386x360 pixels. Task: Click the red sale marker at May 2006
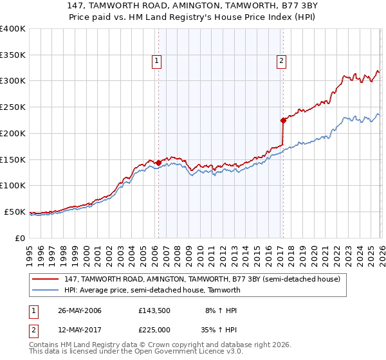tap(158, 163)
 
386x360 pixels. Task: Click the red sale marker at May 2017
tap(282, 120)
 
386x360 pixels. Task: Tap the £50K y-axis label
tap(15, 212)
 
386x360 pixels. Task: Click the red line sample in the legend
tap(46, 279)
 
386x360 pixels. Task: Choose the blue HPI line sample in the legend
tap(46, 290)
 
